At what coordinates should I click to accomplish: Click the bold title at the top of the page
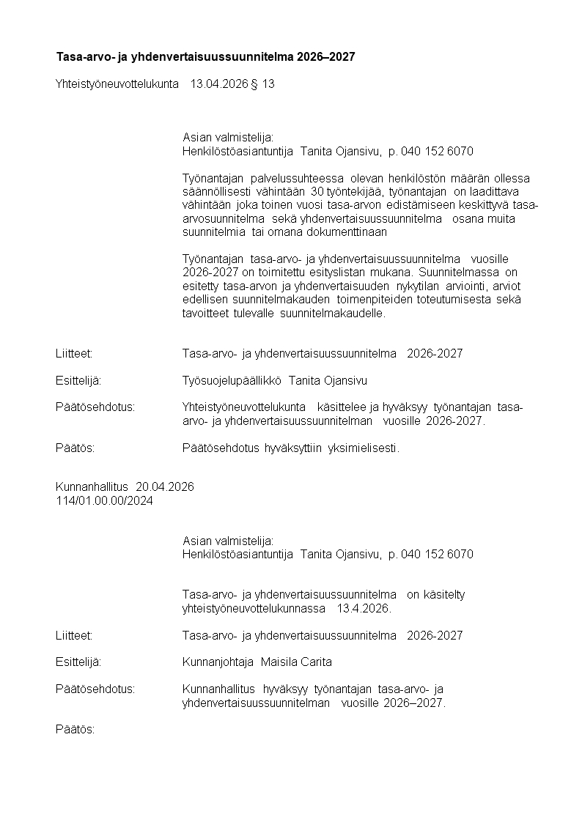point(205,56)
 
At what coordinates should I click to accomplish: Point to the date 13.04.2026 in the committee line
point(218,84)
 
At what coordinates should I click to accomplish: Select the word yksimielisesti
point(364,448)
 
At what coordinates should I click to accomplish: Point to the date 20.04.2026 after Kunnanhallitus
point(165,487)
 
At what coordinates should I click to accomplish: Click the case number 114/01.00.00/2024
point(105,500)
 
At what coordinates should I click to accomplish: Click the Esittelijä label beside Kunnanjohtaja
point(78,662)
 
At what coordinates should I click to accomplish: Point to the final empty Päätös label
point(75,730)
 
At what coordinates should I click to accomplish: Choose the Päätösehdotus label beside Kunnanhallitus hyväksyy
point(95,689)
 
